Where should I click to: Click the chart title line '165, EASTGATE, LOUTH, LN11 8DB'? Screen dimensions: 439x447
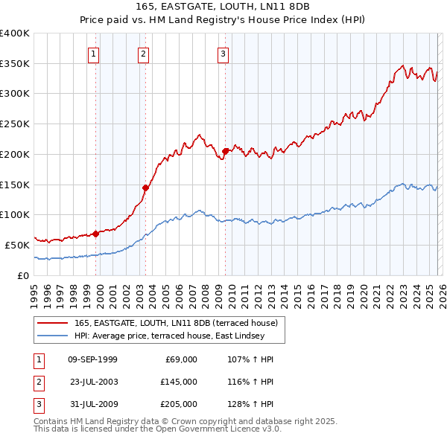click(223, 7)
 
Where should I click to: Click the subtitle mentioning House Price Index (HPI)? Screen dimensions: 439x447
click(223, 19)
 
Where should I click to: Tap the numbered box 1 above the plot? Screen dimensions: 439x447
click(94, 53)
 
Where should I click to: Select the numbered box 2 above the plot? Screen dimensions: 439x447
click(143, 53)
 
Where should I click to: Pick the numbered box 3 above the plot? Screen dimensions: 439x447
click(223, 53)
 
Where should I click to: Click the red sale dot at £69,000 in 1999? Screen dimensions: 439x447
click(96, 233)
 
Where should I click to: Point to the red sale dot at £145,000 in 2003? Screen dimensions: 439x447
click(146, 188)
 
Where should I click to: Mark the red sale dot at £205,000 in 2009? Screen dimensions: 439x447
click(225, 151)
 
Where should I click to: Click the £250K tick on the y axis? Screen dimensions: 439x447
click(15, 124)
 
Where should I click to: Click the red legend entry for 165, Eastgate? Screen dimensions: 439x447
click(176, 322)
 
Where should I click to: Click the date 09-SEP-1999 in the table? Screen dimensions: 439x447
click(92, 359)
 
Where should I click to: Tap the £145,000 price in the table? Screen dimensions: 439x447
click(178, 382)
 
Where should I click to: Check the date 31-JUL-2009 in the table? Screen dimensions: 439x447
click(92, 404)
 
